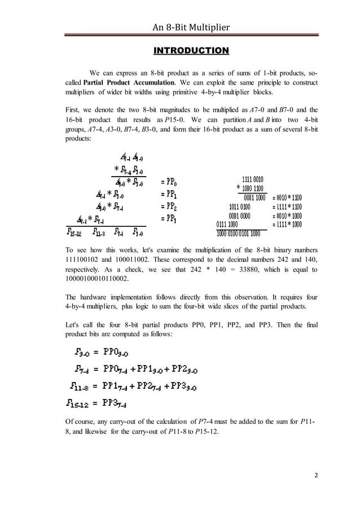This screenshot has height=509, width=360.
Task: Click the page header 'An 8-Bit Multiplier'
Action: tap(191, 26)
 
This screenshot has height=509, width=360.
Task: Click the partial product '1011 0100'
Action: tap(244, 207)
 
